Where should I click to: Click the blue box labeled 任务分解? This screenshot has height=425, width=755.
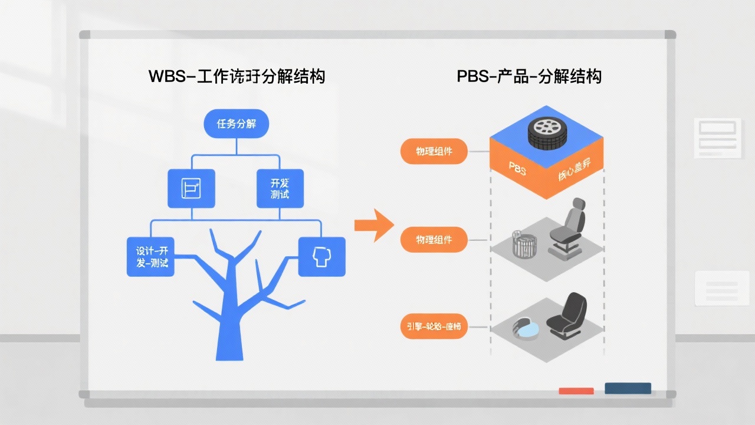pyautogui.click(x=235, y=124)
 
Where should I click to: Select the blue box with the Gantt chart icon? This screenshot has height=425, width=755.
pyautogui.click(x=191, y=188)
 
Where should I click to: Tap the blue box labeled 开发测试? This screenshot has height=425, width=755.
pyautogui.click(x=280, y=188)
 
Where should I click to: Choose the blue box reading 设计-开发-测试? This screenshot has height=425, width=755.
pyautogui.click(x=151, y=256)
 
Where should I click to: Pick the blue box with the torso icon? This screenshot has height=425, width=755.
pyautogui.click(x=321, y=256)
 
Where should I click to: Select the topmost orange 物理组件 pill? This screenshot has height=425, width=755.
pyautogui.click(x=434, y=152)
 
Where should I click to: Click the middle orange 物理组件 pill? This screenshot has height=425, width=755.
pyautogui.click(x=434, y=240)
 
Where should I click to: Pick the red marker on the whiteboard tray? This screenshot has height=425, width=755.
pyautogui.click(x=576, y=391)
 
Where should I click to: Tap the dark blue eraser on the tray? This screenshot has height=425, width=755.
pyautogui.click(x=628, y=388)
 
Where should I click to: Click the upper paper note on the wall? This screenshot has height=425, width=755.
pyautogui.click(x=717, y=137)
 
